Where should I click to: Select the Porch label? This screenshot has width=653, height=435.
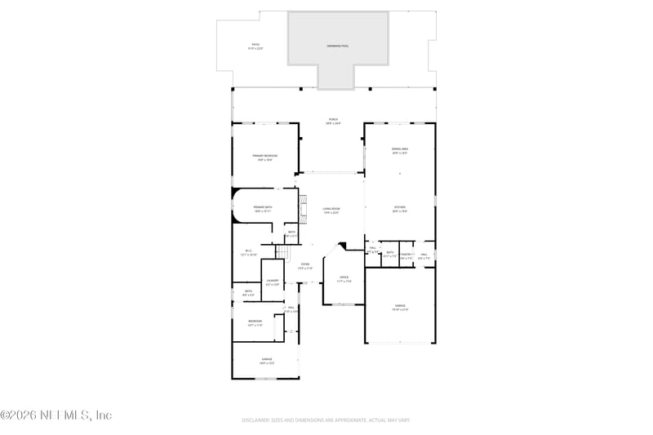pos(333,121)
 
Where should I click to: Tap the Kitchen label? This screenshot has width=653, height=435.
pos(400,209)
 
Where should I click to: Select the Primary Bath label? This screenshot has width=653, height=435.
pos(262,209)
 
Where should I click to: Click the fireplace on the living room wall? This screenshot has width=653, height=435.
pos(300,207)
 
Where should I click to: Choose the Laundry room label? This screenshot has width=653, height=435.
pos(272,282)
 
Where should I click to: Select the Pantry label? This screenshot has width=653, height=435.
pos(406,255)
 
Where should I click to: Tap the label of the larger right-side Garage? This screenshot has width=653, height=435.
pos(400,308)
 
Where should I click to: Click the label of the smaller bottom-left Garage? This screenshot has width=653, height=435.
pos(267,361)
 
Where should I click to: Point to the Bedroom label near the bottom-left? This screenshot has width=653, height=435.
pos(255,323)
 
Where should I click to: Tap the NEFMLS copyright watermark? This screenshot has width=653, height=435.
pos(56,415)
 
